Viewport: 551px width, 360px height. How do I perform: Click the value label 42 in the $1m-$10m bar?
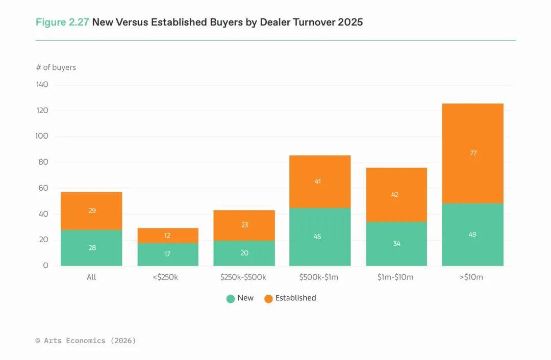(394, 194)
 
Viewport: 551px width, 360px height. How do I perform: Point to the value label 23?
(244, 225)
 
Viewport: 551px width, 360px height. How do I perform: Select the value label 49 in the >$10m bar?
(472, 235)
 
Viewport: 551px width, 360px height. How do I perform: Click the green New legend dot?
(231, 299)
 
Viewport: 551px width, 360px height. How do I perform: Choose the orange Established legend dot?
(268, 299)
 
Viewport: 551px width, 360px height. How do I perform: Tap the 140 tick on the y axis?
(42, 85)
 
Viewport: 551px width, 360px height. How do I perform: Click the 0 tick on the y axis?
(45, 266)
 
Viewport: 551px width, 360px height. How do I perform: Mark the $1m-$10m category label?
(396, 277)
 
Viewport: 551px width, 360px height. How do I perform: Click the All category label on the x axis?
(91, 277)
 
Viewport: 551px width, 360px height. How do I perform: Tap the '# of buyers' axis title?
(56, 67)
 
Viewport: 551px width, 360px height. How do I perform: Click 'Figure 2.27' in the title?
(62, 22)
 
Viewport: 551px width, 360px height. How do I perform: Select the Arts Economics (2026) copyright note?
(86, 340)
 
